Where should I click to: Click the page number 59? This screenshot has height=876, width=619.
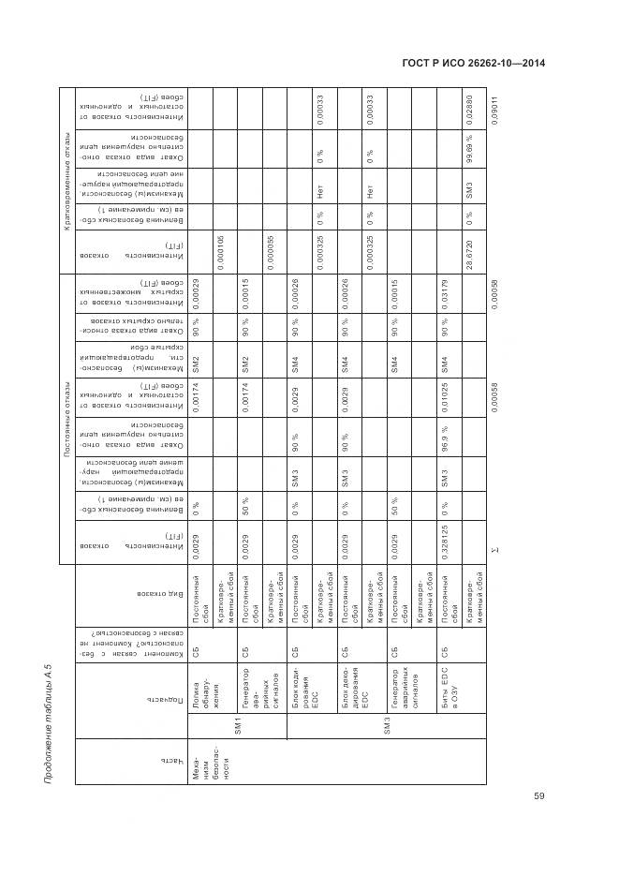(538, 796)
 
